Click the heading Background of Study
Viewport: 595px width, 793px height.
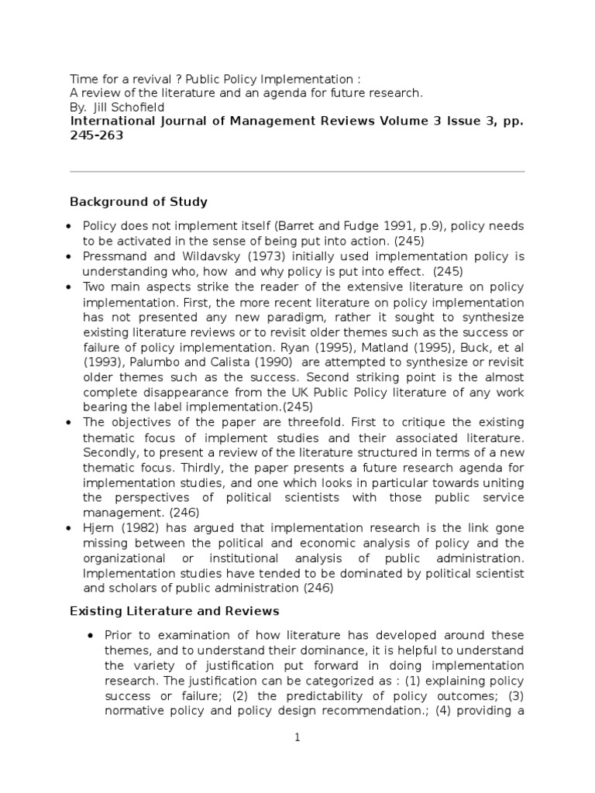click(x=139, y=202)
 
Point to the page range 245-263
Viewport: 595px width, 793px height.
click(x=97, y=136)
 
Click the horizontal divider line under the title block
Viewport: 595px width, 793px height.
click(x=297, y=171)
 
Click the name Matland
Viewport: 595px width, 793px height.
click(x=410, y=346)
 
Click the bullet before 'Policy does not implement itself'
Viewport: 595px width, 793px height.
click(x=70, y=227)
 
